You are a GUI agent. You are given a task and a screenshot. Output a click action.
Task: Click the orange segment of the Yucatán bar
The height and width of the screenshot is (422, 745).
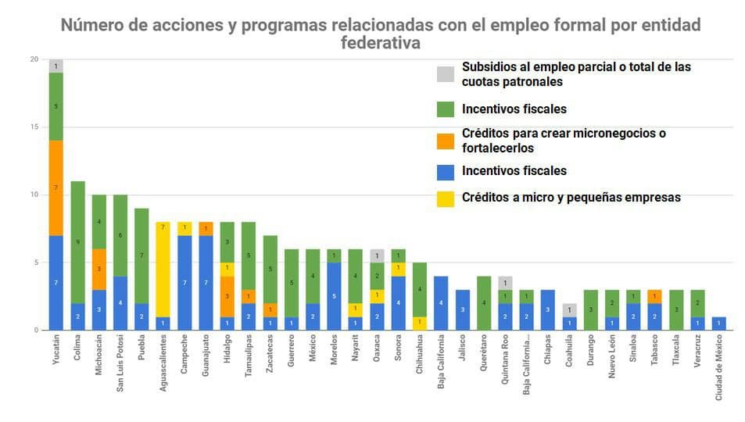pyautogui.click(x=56, y=188)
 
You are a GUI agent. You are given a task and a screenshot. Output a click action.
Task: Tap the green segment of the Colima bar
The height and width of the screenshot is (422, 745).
pyautogui.click(x=78, y=242)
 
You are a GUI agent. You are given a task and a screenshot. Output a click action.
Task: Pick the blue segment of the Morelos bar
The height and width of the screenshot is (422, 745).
pyautogui.click(x=334, y=296)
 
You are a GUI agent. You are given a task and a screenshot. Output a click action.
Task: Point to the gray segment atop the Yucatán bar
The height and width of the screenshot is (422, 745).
pyautogui.click(x=56, y=66)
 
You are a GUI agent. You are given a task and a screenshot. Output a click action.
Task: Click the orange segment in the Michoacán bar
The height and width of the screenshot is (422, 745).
pyautogui.click(x=99, y=269)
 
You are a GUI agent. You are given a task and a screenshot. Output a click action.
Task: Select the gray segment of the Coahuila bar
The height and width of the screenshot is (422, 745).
pyautogui.click(x=571, y=309)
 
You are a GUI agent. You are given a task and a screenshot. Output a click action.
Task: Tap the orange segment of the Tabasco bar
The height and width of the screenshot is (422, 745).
pyautogui.click(x=654, y=296)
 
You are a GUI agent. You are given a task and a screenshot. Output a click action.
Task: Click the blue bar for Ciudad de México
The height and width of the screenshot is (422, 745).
pyautogui.click(x=718, y=324)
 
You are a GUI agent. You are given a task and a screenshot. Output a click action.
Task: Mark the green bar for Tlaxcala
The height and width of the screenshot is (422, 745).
pyautogui.click(x=676, y=309)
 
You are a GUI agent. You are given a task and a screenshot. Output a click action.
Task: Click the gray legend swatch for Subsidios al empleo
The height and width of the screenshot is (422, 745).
pyautogui.click(x=445, y=74)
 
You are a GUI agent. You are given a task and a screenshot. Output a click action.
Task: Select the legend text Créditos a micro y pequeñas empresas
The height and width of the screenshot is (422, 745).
pyautogui.click(x=571, y=198)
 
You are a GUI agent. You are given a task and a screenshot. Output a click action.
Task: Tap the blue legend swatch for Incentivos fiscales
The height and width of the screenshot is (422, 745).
pyautogui.click(x=445, y=171)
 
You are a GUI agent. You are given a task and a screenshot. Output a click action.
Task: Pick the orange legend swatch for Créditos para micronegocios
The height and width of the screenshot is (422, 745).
pyautogui.click(x=445, y=141)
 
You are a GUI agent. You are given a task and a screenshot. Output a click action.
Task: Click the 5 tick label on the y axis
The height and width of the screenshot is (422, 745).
pyautogui.click(x=34, y=263)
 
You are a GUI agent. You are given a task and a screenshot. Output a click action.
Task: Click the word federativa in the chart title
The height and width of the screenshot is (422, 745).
pyautogui.click(x=381, y=42)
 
